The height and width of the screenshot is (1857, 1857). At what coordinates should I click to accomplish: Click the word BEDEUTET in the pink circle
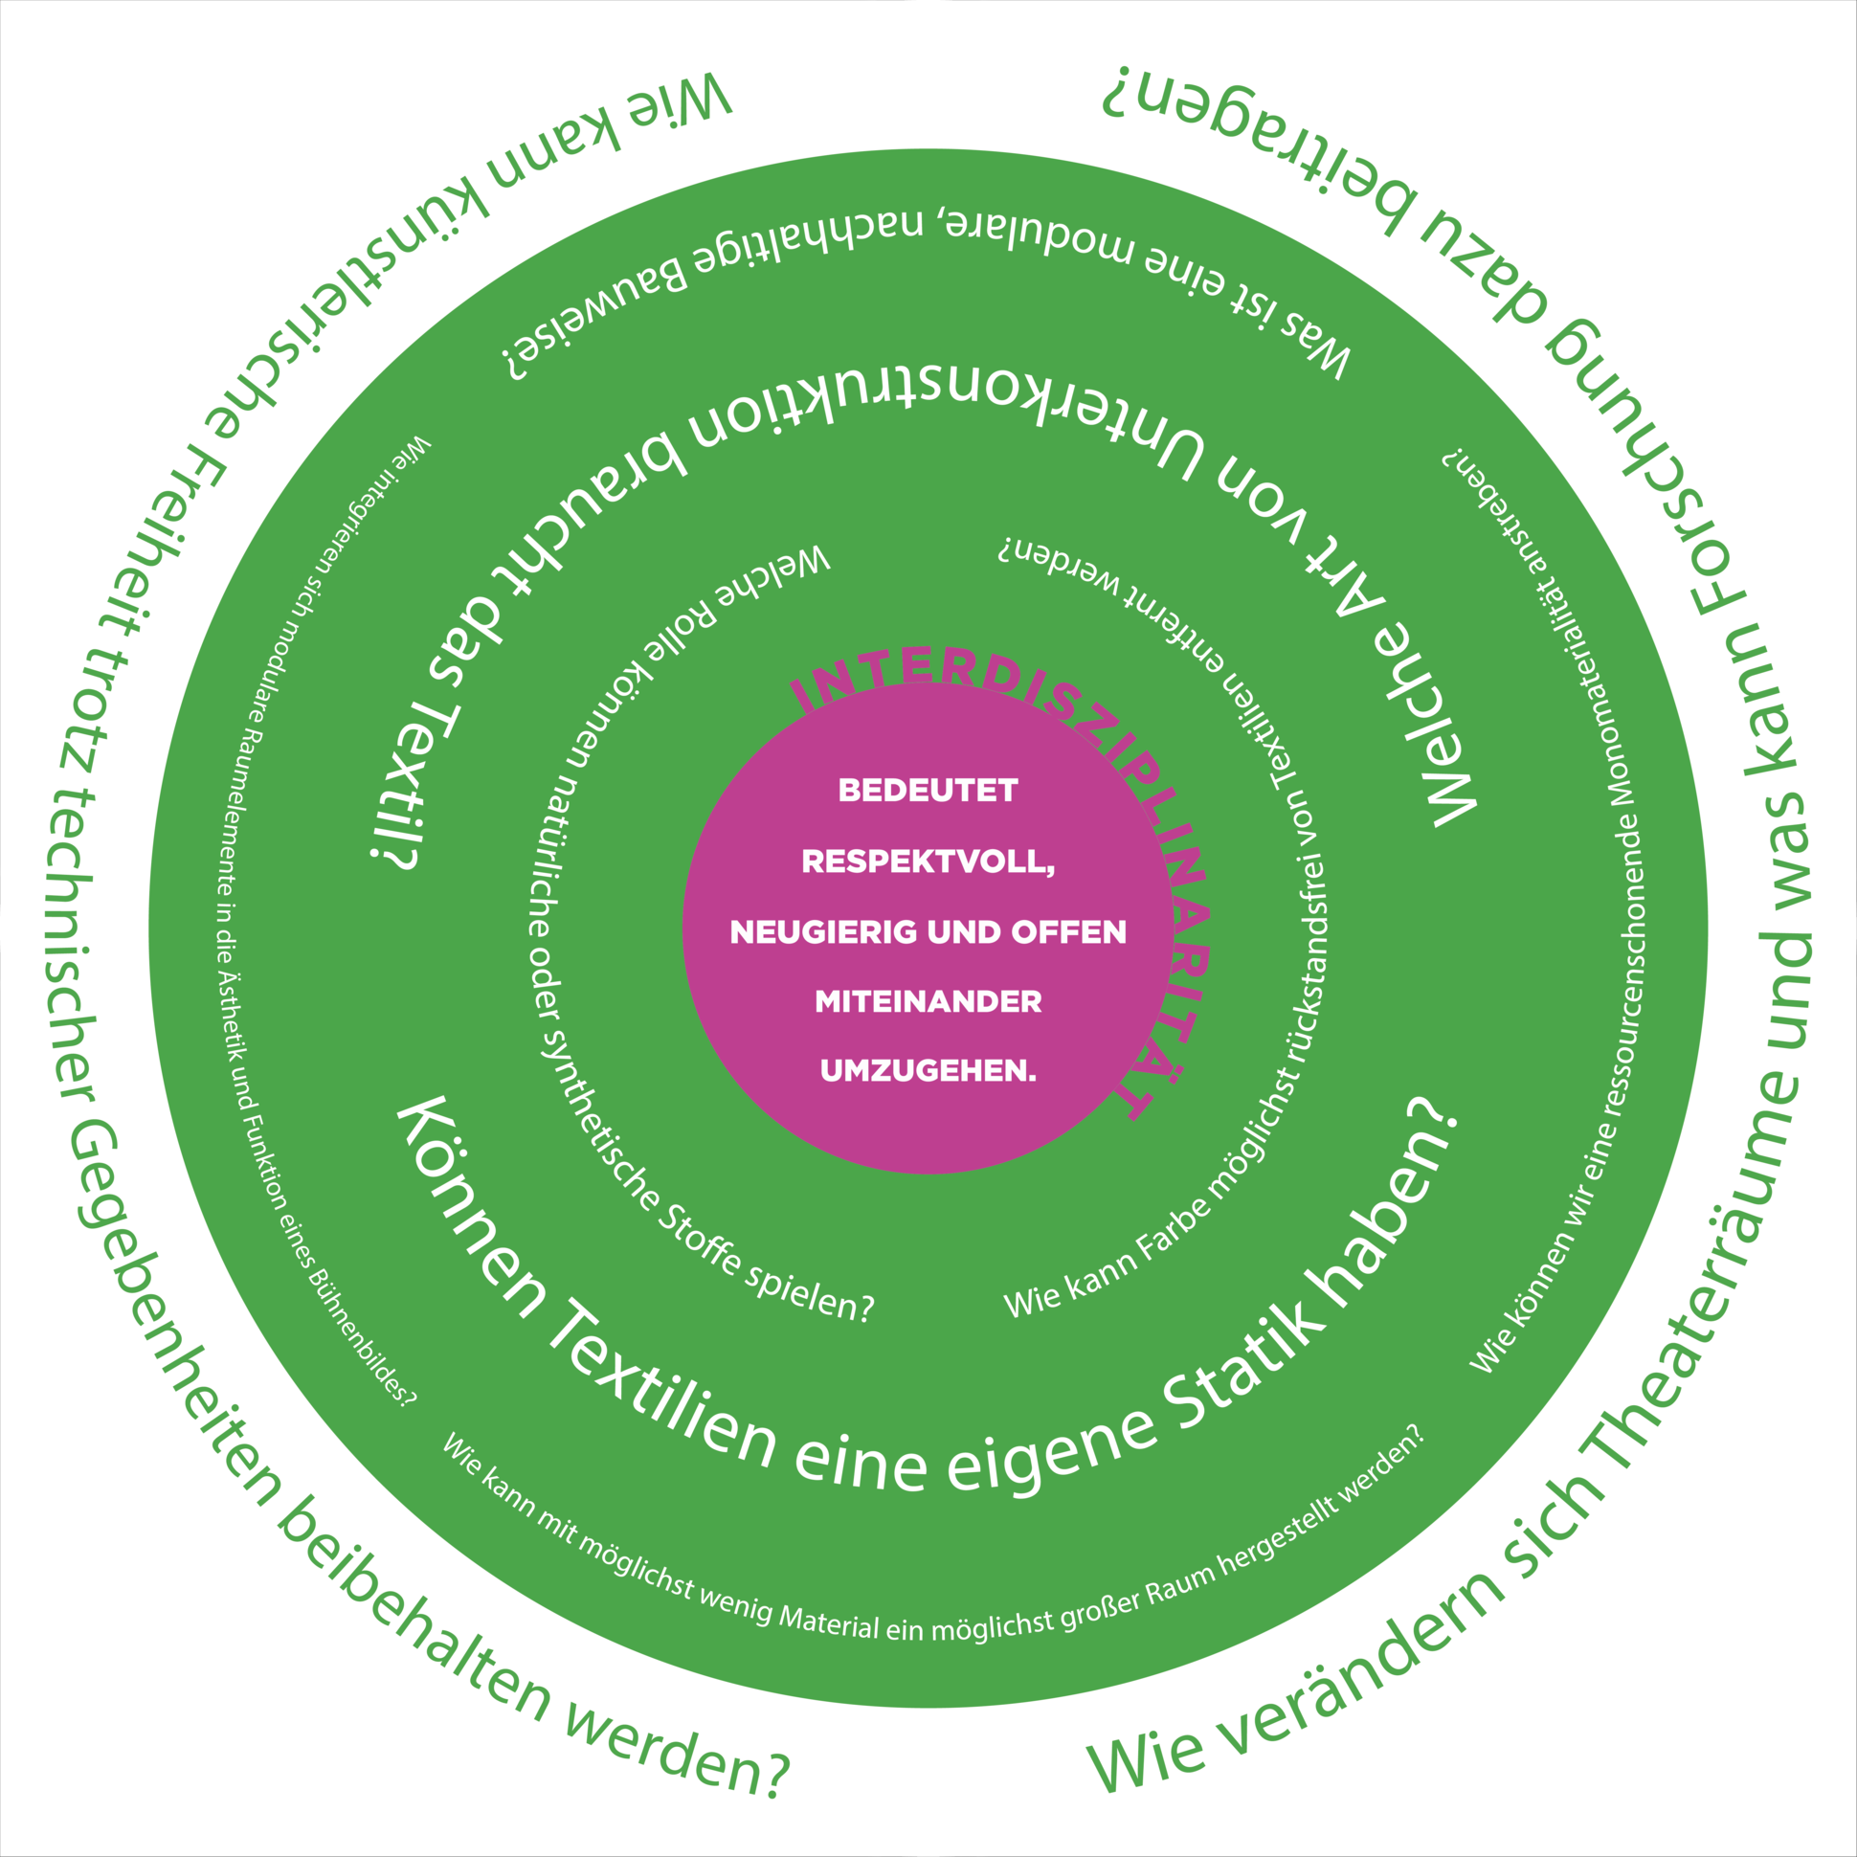[x=928, y=791]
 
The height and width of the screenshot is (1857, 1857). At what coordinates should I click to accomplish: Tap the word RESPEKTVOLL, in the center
[x=928, y=861]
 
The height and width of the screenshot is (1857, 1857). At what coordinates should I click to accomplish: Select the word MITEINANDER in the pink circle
[x=928, y=1001]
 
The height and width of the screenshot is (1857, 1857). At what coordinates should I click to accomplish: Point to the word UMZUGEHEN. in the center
[x=928, y=1071]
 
